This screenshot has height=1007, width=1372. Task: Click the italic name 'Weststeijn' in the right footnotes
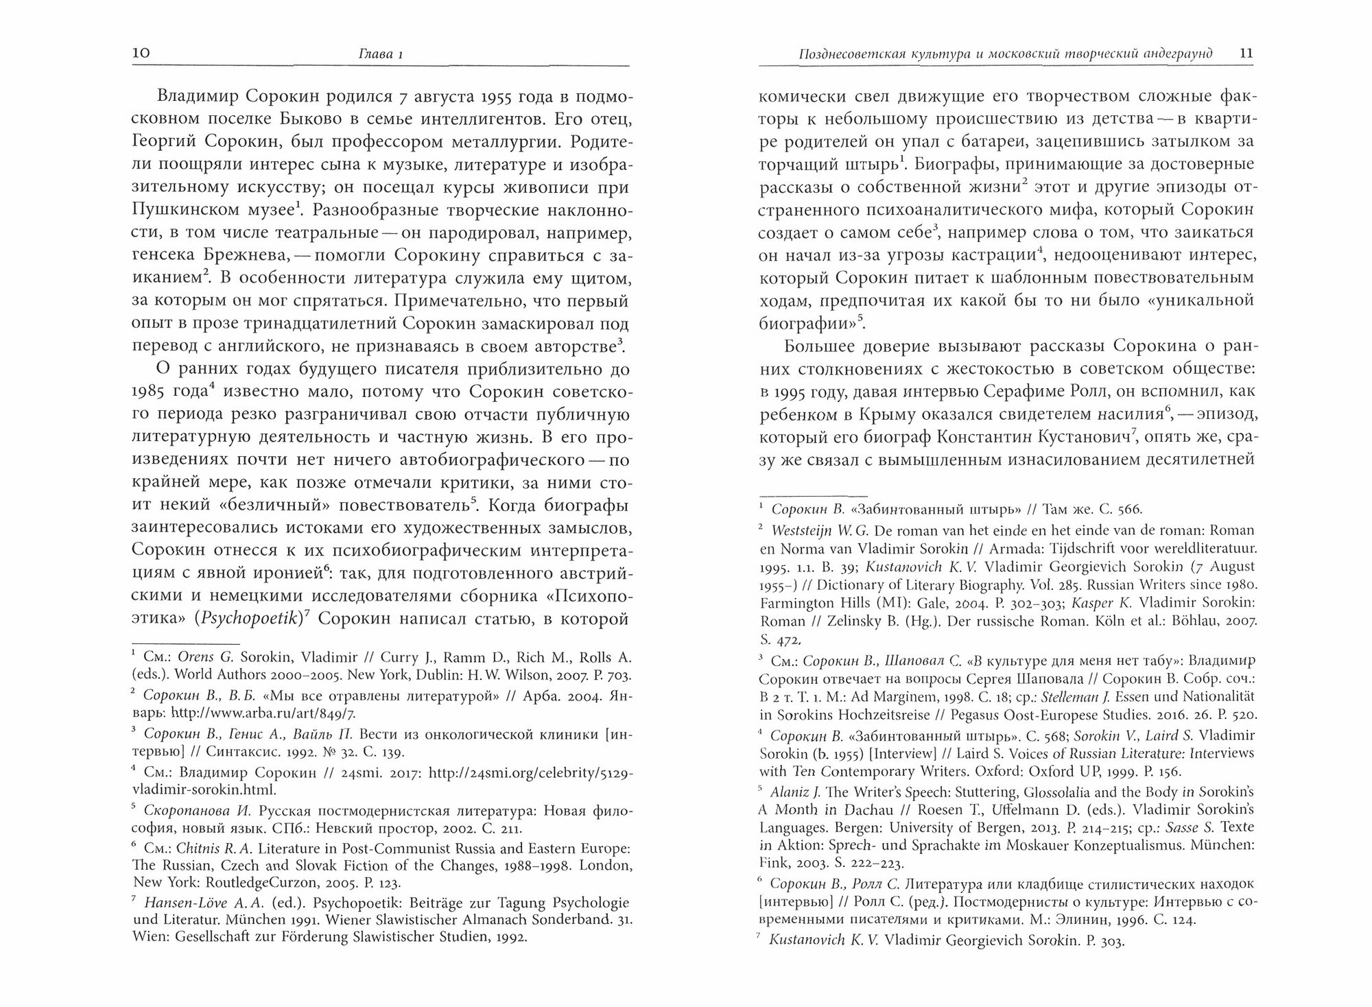coord(809,530)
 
